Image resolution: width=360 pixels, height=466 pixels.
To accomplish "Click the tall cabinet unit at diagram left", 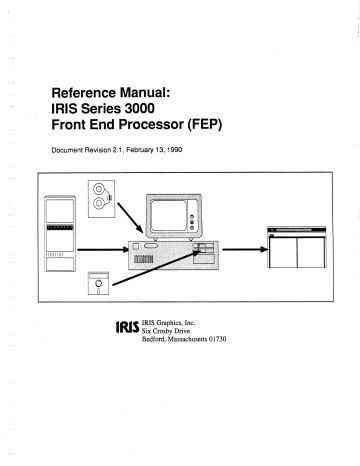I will coord(64,238).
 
